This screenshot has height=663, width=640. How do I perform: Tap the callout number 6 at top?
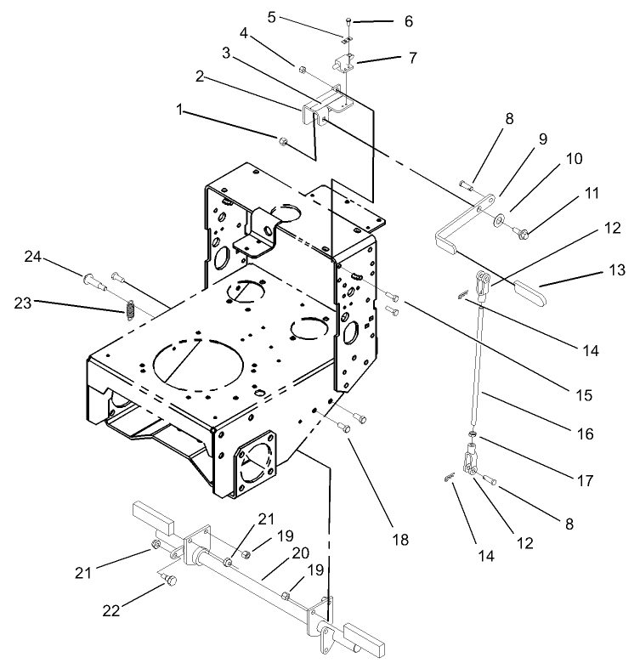[x=383, y=20]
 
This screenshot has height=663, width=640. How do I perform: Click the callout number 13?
[x=616, y=270]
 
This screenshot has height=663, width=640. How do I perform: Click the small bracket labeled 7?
[x=348, y=65]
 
